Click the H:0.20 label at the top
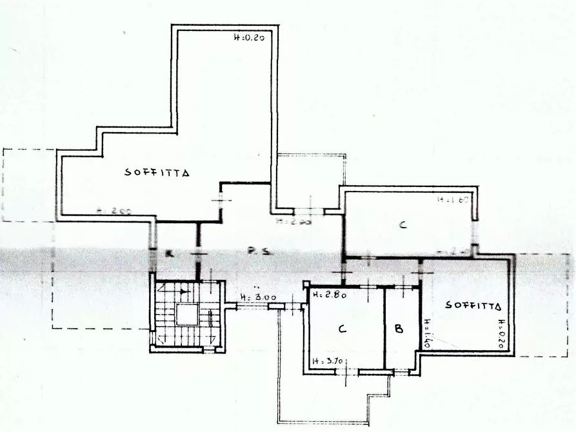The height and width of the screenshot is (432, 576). [x=249, y=38]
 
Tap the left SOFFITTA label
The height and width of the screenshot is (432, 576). [x=157, y=173]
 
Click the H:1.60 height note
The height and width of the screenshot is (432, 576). [x=455, y=200]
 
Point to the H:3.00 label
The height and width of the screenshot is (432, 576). [x=257, y=297]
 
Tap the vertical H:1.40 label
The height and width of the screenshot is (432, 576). [x=426, y=334]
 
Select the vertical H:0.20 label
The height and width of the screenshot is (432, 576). [x=501, y=334]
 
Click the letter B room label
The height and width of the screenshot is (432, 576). [x=399, y=329]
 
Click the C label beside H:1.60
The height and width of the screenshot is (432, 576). [x=402, y=225]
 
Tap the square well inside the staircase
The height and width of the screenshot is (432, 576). [x=188, y=315]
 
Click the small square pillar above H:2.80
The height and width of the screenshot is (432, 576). [x=306, y=284]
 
